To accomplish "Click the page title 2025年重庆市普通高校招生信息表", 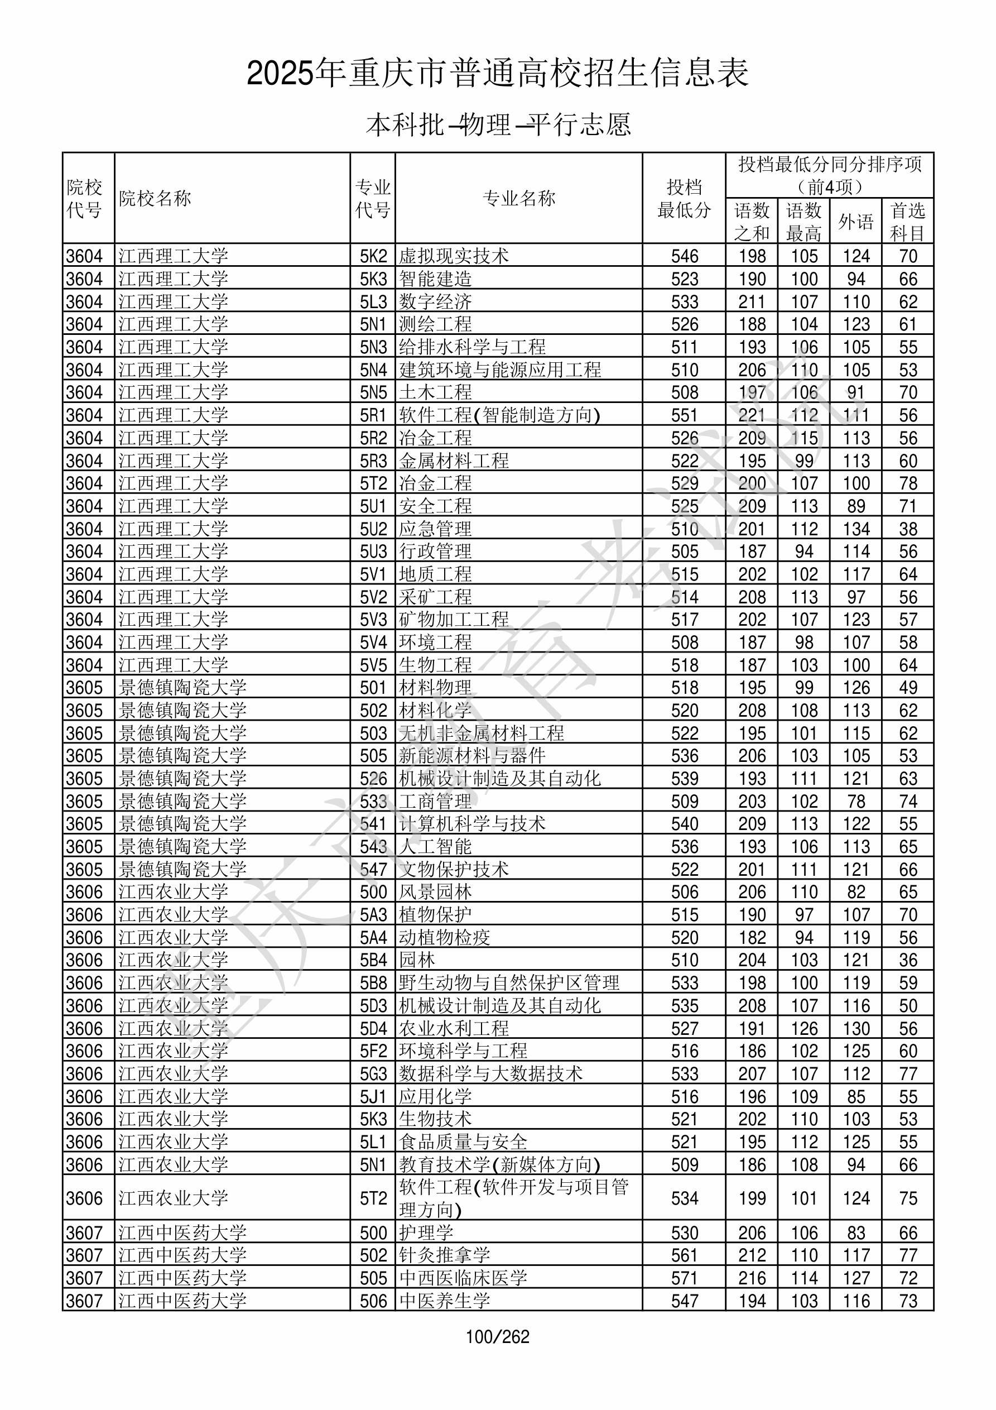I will [497, 74].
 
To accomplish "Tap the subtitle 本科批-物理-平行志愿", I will [498, 124].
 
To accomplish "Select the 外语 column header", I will [855, 222].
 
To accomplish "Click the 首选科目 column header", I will [908, 222].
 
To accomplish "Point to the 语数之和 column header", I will [752, 222].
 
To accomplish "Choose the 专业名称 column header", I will [519, 198].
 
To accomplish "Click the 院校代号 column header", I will [84, 198].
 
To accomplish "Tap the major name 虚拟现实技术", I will [454, 256].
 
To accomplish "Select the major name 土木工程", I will [435, 392].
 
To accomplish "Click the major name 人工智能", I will [435, 846].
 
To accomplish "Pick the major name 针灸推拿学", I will [445, 1255].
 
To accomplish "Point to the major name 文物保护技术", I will [454, 869].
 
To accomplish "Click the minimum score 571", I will [684, 1278].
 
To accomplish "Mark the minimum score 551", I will [684, 415].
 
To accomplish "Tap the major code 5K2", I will [373, 256].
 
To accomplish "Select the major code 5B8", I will [373, 982].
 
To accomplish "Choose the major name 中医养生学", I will [445, 1301].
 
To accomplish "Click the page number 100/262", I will [497, 1336].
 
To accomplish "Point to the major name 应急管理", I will [435, 528].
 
